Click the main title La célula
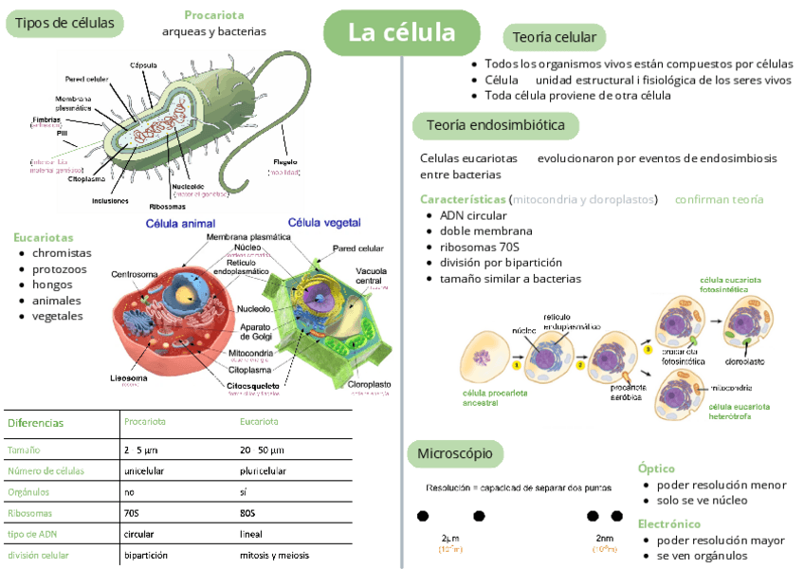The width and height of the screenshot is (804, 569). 402,33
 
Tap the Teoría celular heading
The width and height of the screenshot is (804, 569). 554,38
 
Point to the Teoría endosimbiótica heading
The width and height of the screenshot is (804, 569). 495,125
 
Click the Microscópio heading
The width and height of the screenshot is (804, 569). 455,453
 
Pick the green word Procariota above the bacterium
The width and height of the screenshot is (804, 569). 213,15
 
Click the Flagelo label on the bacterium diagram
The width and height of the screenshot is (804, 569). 284,162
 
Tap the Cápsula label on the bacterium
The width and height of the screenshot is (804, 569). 143,64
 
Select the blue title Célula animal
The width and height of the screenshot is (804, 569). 180,224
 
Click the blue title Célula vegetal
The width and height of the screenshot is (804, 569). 324,223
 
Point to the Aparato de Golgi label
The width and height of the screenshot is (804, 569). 255,332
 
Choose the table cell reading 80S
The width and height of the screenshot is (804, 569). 247,513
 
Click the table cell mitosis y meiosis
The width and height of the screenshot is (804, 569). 274,555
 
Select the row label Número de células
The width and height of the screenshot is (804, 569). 46,471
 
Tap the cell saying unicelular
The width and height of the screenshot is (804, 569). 144,471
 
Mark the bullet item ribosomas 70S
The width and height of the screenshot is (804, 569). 479,247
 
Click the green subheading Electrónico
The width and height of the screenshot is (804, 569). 669,523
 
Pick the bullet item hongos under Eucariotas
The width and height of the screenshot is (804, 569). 52,284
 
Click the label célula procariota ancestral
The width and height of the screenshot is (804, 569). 494,397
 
